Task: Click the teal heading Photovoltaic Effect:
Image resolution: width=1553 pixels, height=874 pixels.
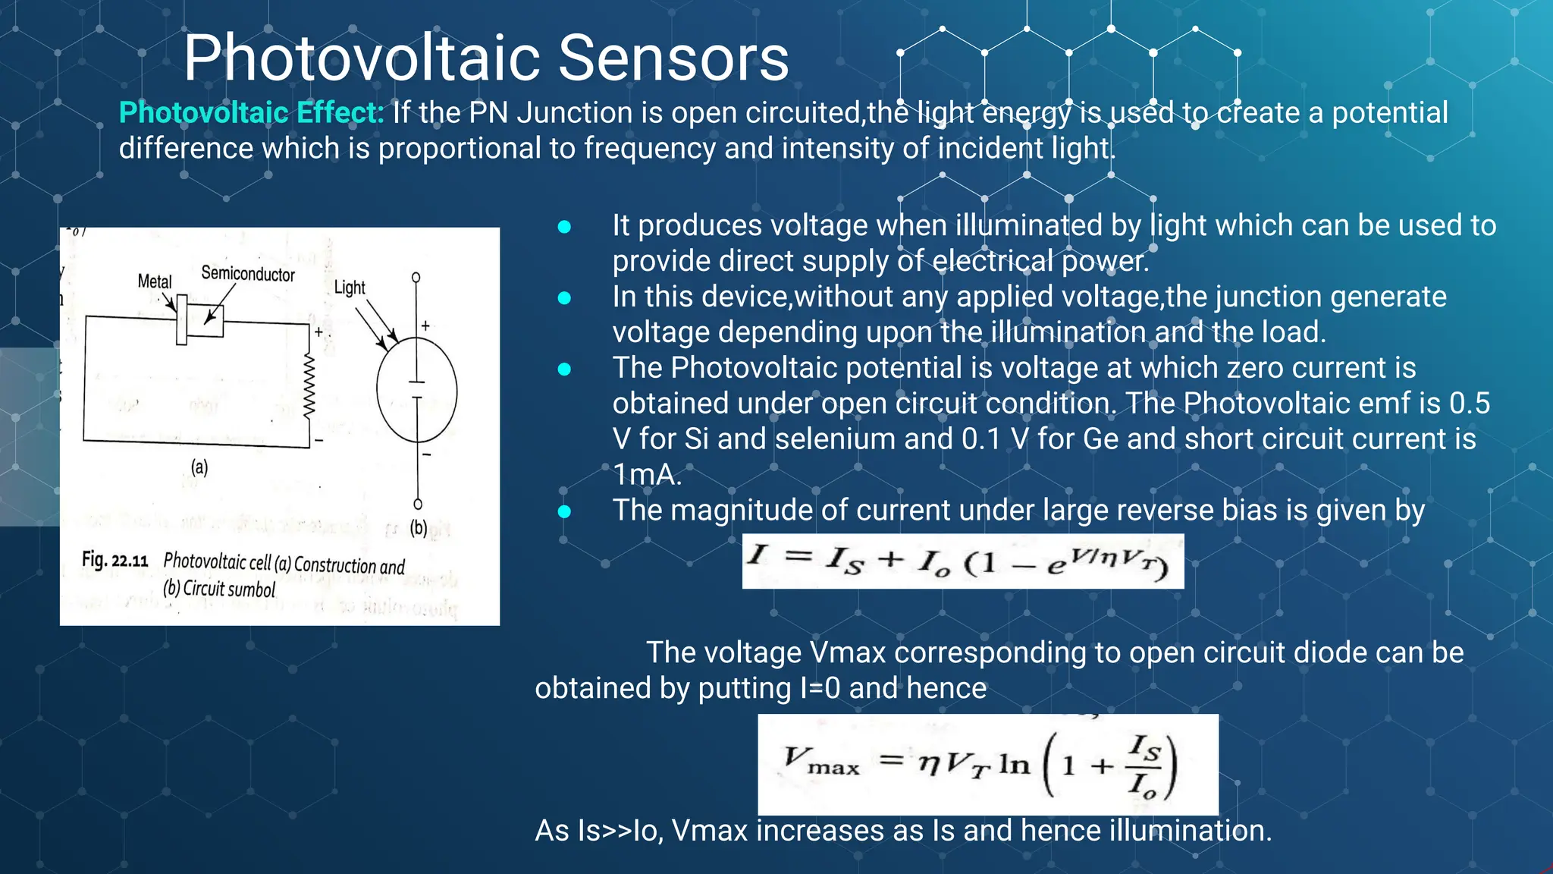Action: (x=251, y=113)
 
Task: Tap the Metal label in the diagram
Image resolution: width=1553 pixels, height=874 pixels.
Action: (x=155, y=281)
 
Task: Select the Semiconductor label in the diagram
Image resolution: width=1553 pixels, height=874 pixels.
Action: (x=247, y=274)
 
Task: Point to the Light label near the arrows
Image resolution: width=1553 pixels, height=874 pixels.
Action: (x=349, y=288)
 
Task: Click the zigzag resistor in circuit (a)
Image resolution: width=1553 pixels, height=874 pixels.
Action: (x=309, y=385)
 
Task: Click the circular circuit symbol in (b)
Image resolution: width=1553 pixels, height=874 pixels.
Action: (x=416, y=390)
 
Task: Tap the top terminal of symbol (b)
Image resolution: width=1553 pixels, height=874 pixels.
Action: (x=416, y=278)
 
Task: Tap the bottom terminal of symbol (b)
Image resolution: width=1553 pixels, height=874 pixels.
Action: (x=418, y=504)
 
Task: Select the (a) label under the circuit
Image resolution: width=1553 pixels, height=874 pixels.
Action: (x=199, y=467)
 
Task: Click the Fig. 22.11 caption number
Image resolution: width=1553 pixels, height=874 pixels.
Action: (x=115, y=561)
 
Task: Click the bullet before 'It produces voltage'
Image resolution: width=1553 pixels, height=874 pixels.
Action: (x=564, y=226)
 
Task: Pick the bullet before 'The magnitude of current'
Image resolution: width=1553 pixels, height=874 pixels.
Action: (x=564, y=511)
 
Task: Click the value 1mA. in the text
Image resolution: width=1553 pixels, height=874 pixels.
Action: (x=647, y=475)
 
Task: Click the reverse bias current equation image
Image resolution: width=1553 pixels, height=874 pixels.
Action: (x=962, y=561)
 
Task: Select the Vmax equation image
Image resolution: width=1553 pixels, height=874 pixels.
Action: (x=987, y=764)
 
